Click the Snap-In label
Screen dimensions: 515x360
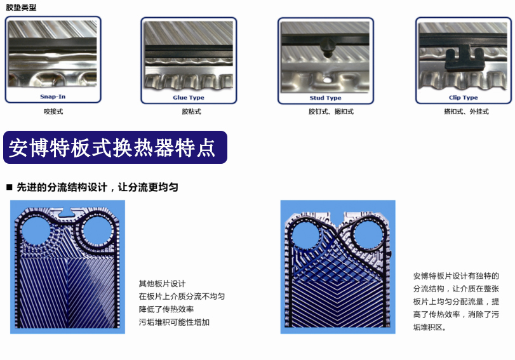coord(53,97)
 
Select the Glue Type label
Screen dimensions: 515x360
coord(189,98)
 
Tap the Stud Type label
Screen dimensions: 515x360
coord(326,98)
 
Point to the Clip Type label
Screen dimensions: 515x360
coord(463,98)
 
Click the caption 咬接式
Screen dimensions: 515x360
coord(53,112)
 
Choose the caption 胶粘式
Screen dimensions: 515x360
coord(192,112)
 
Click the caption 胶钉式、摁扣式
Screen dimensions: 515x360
coord(331,112)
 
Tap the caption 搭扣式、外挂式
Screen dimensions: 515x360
coord(466,112)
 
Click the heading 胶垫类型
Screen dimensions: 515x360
coord(21,8)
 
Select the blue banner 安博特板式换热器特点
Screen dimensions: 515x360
coord(116,147)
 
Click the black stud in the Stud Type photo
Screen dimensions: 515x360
coord(328,47)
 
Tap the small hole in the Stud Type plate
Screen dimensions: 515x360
coord(328,80)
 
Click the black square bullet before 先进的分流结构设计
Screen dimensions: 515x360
coord(9,187)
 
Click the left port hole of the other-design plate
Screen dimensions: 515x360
coord(36,230)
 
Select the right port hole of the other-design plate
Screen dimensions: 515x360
coord(98,230)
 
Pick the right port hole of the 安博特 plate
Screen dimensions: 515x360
coord(368,234)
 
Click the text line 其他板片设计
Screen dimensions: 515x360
coord(163,283)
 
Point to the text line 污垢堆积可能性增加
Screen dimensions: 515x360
coord(174,323)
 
